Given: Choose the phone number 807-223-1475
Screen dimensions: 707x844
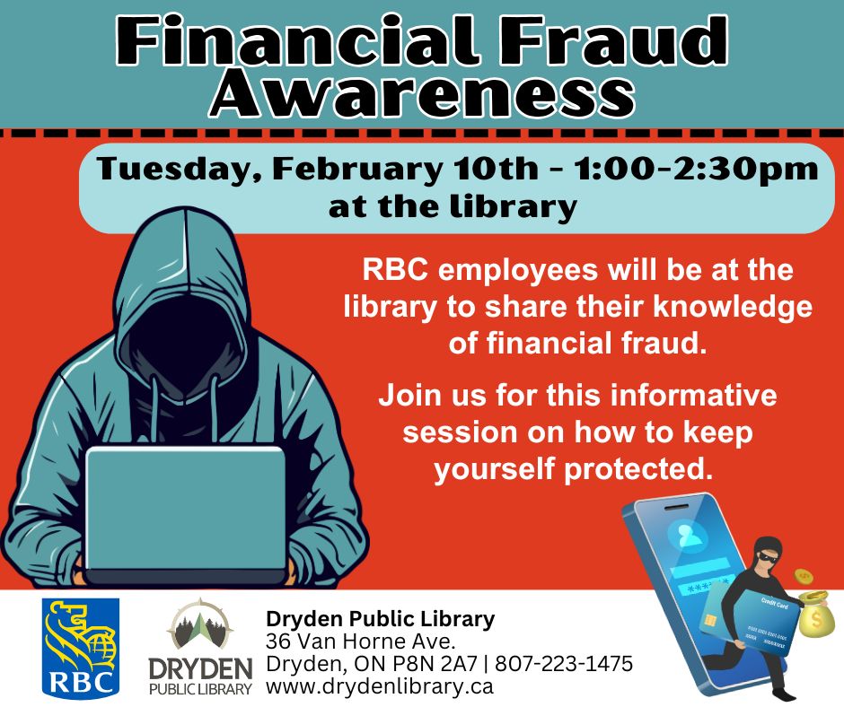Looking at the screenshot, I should [564, 665].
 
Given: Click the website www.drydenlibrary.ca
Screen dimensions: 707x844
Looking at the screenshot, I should [379, 688].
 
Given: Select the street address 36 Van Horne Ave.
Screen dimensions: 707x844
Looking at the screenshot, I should [361, 642].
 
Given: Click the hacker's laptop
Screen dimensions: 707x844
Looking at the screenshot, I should [185, 508].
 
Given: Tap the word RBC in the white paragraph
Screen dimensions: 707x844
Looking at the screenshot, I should [392, 269].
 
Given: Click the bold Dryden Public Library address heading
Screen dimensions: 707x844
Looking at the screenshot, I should [380, 618].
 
